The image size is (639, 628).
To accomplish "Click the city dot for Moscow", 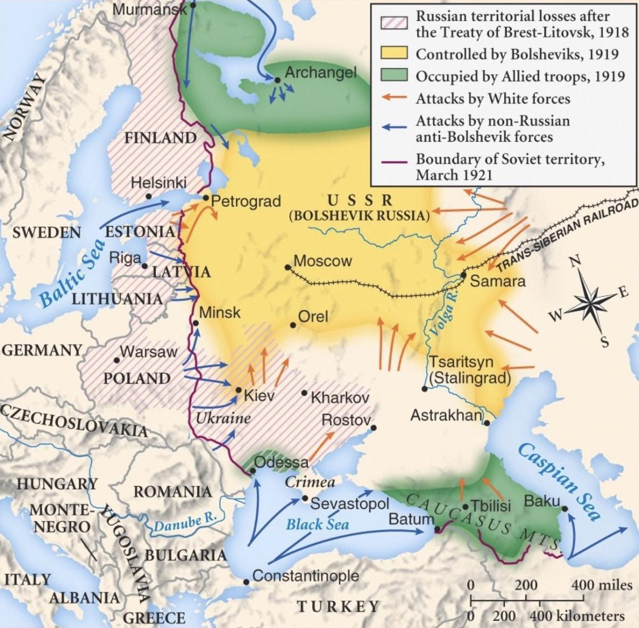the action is click(x=288, y=267).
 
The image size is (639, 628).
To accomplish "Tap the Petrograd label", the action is click(x=245, y=201).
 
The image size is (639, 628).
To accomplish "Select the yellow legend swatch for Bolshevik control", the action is click(x=394, y=54).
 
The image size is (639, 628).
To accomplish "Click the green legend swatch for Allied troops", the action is click(x=394, y=76).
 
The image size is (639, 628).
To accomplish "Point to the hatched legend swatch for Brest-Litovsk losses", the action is click(x=394, y=22).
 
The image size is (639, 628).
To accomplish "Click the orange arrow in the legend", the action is click(x=394, y=99).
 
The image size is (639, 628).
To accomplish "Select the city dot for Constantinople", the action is click(x=246, y=582).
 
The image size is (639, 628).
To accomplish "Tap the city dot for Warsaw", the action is click(x=117, y=360).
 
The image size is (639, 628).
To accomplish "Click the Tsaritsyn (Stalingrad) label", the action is click(x=469, y=370).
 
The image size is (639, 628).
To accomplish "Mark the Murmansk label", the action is click(x=149, y=9).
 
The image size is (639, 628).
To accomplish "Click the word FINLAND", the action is click(x=160, y=138).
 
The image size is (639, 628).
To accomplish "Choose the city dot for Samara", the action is click(x=464, y=275).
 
